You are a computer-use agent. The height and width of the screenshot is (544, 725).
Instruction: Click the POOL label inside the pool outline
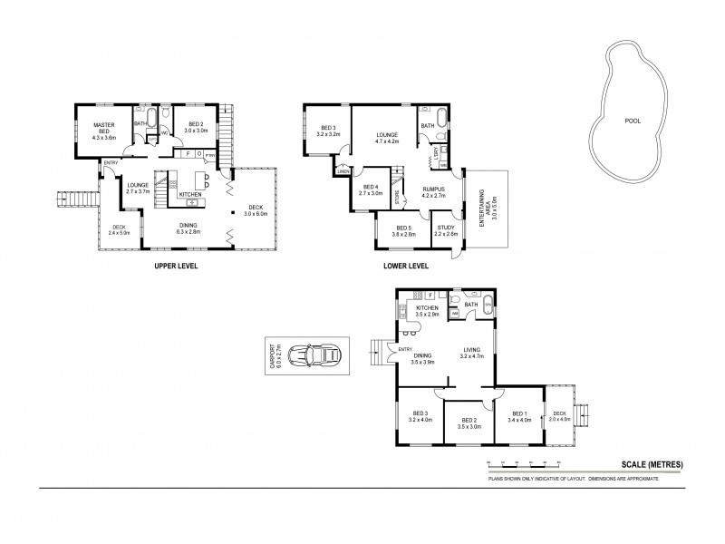tap(633, 121)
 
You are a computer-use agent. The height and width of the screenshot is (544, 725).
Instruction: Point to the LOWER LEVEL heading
tap(404, 267)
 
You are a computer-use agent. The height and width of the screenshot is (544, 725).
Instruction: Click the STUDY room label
tap(445, 230)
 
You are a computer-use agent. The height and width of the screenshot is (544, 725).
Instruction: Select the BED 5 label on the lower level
tap(402, 230)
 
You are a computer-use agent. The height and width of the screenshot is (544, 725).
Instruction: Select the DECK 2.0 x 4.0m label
tap(561, 416)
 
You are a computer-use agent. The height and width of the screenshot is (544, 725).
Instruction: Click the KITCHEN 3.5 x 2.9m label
tap(427, 311)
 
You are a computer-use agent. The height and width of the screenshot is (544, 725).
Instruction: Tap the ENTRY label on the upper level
tap(111, 163)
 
